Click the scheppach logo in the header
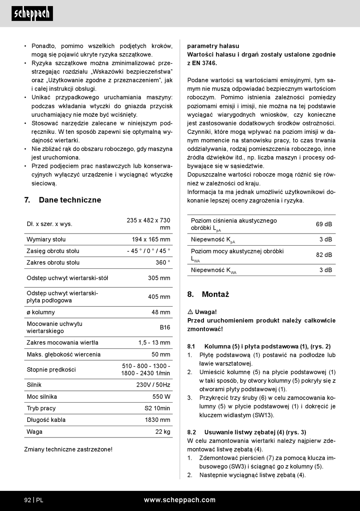pyautogui.click(x=32, y=14)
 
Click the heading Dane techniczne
pyautogui.click(x=70, y=200)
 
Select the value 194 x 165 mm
pyautogui.click(x=151, y=239)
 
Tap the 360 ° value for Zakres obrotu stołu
pyautogui.click(x=163, y=262)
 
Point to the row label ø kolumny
pyautogui.click(x=41, y=312)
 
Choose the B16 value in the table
pyautogui.click(x=165, y=327)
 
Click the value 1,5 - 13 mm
pyautogui.click(x=154, y=342)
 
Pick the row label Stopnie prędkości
pyautogui.click(x=51, y=370)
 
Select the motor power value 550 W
pyautogui.click(x=161, y=397)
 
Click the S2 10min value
pyautogui.click(x=157, y=408)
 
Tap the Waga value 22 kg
pyautogui.click(x=163, y=431)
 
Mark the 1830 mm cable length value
pyautogui.click(x=157, y=420)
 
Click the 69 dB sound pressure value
pyautogui.click(x=324, y=224)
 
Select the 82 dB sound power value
pyautogui.click(x=324, y=255)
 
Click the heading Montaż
pyautogui.click(x=215, y=294)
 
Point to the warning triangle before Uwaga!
pyautogui.click(x=190, y=312)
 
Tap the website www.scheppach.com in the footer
pyautogui.click(x=180, y=500)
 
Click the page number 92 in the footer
pyautogui.click(x=28, y=500)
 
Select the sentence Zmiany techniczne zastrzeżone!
pyautogui.click(x=68, y=449)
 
